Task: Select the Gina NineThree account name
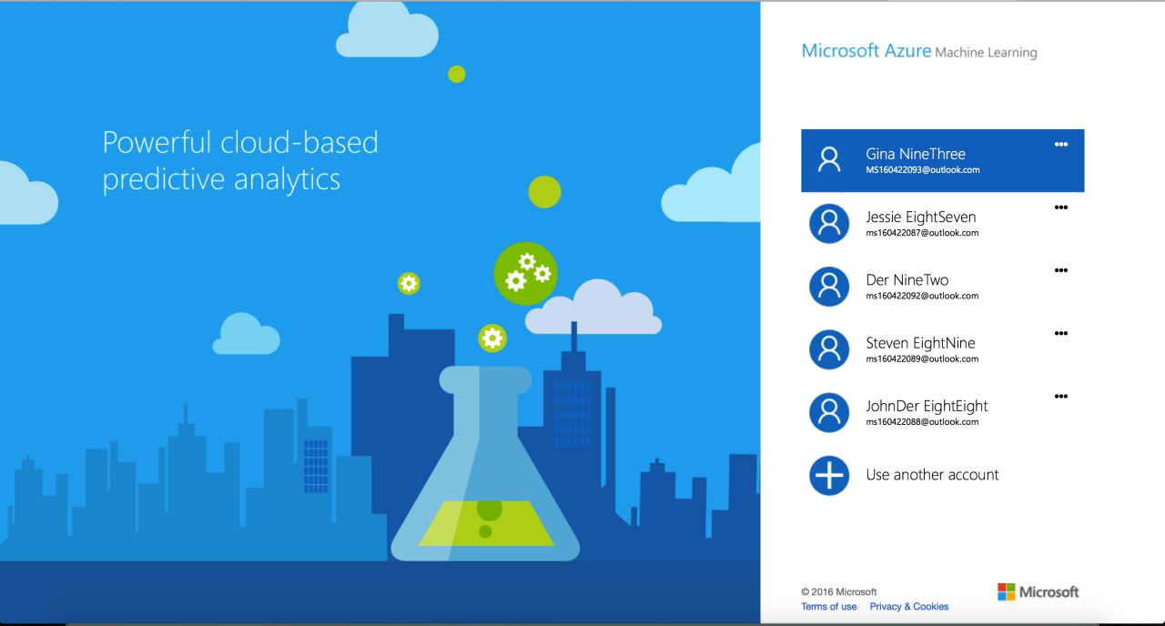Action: (x=916, y=154)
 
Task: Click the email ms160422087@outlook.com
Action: (x=922, y=233)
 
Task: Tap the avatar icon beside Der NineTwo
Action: (x=829, y=287)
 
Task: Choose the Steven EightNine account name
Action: (x=920, y=343)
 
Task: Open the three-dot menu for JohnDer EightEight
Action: (x=1061, y=396)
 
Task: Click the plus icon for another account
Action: (x=829, y=475)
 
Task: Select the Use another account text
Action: (x=933, y=475)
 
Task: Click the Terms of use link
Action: (x=828, y=606)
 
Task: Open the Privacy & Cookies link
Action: (x=909, y=606)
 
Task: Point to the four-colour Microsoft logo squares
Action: (x=1007, y=591)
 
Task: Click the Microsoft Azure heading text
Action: (x=866, y=50)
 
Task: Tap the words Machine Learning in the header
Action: (x=986, y=53)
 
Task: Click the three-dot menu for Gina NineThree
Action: (x=1061, y=144)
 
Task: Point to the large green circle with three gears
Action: (x=525, y=274)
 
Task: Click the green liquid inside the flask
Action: (x=486, y=523)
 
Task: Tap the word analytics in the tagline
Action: (x=287, y=179)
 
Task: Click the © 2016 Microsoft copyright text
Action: (x=838, y=591)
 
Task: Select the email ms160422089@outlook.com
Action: (x=922, y=358)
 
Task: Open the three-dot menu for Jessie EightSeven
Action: (x=1061, y=207)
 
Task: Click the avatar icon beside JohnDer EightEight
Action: (x=829, y=412)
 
